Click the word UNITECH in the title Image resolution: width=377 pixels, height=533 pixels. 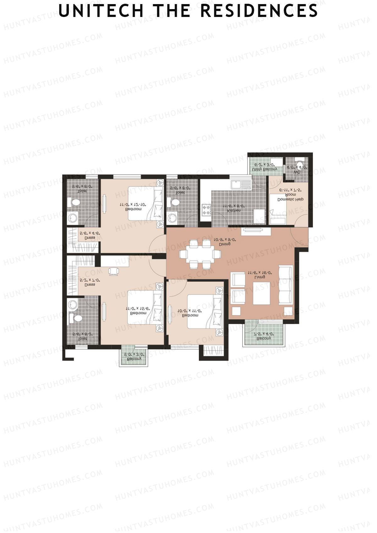pyautogui.click(x=101, y=11)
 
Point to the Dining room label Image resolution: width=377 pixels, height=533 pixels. pyautogui.click(x=225, y=244)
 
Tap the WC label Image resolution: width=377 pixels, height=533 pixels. pyautogui.click(x=297, y=172)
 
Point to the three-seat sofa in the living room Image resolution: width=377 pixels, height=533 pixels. pyautogui.click(x=285, y=285)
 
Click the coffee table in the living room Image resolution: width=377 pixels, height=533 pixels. pyautogui.click(x=261, y=293)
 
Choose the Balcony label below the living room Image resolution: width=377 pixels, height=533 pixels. pyautogui.click(x=264, y=338)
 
